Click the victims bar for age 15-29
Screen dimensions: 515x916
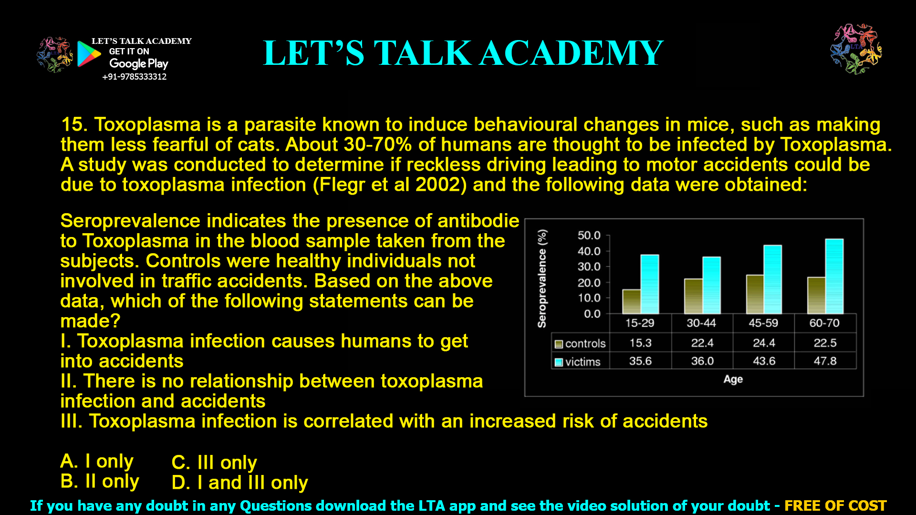coord(649,284)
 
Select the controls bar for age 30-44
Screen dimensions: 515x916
coord(693,296)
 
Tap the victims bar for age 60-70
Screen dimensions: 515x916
coord(834,276)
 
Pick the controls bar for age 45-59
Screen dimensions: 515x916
coord(755,294)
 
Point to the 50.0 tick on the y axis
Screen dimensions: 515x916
coord(589,236)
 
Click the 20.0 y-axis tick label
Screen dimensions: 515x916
coord(589,283)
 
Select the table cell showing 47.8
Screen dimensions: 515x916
coord(825,361)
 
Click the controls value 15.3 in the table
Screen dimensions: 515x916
coord(640,343)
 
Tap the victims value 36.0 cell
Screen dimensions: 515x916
coord(702,361)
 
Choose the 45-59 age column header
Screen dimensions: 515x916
coord(763,323)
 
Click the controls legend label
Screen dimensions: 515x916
coord(585,343)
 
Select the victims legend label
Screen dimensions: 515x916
coord(583,362)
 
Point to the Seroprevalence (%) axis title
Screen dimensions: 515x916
coord(542,278)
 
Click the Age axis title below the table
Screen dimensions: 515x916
coord(733,379)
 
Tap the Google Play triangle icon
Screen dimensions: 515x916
coord(88,54)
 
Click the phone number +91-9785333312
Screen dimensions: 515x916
coord(135,77)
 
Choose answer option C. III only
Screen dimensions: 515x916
coord(214,463)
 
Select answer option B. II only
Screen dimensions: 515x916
coord(100,482)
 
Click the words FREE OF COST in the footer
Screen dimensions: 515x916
coord(835,505)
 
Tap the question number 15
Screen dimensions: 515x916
coord(73,125)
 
